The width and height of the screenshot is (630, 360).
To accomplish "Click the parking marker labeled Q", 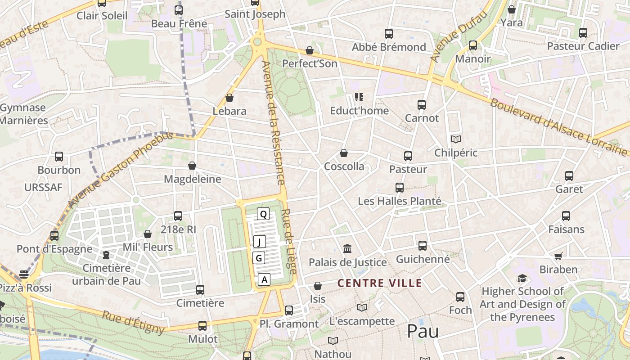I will [263, 214].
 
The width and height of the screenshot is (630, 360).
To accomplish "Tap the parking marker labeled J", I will [259, 242].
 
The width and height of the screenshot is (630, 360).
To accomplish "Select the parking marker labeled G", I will [259, 258].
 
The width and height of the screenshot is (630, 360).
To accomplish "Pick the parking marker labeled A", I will [265, 279].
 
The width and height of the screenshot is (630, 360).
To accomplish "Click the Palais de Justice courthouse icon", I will [347, 248].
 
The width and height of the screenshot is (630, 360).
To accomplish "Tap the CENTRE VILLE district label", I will [380, 283].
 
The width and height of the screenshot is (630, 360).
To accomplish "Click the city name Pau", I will [423, 331].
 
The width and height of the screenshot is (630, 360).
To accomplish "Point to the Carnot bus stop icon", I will [422, 105].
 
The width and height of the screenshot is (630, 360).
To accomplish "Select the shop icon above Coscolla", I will [344, 153].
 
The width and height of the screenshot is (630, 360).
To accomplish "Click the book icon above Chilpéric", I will [456, 139].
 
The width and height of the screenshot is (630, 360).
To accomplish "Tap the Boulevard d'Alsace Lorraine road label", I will [558, 127].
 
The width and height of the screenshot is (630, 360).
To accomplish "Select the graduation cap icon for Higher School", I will [522, 279].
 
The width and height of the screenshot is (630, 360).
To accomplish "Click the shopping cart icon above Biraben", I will [558, 256].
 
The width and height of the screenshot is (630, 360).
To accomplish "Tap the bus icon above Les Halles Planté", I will [400, 188].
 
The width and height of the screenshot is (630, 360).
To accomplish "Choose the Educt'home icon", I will [359, 97].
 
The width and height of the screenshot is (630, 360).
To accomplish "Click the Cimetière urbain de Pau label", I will [107, 274].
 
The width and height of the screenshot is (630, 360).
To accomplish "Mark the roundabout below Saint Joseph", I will [257, 42].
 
